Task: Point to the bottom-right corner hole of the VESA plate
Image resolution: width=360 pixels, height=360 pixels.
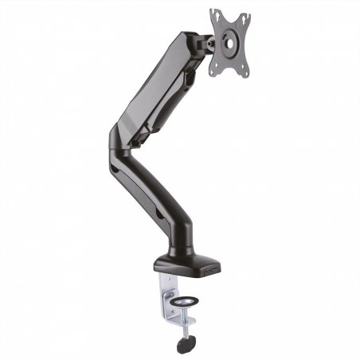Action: point(245,73)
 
